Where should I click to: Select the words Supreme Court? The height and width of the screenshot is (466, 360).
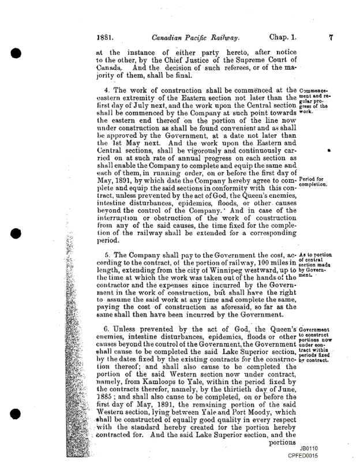pyautogui.click(x=256, y=65)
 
